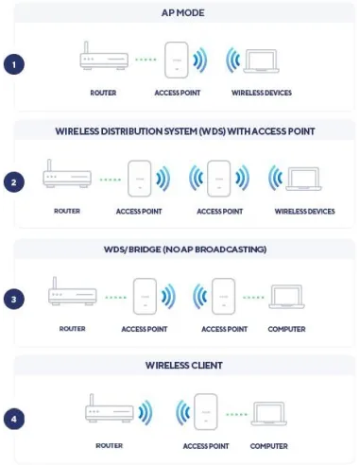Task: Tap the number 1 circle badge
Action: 14,64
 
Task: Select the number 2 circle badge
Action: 14,181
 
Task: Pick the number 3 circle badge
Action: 14,299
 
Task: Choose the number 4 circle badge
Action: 14,416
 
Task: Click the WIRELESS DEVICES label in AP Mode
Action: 262,94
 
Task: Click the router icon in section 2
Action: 68,176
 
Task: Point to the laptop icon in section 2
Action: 304,178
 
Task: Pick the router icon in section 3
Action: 73,293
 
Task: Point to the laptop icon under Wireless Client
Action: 269,413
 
